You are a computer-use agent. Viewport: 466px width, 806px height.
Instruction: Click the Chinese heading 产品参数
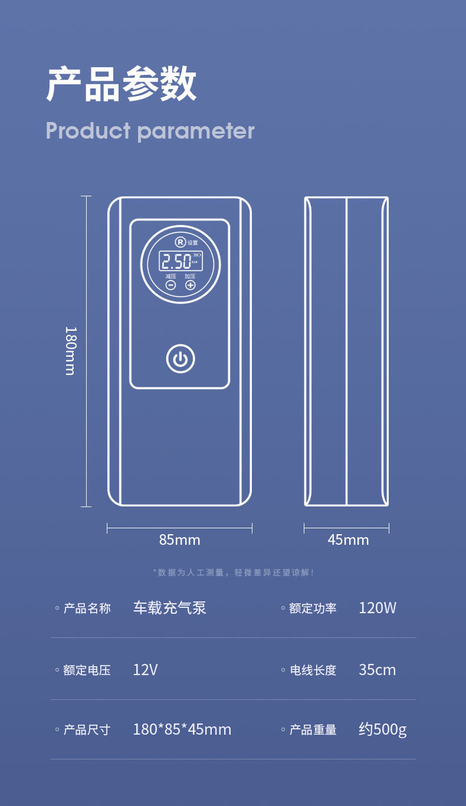(x=122, y=85)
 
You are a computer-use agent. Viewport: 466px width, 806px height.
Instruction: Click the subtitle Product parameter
(x=150, y=130)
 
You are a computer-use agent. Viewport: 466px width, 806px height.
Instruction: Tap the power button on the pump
(x=181, y=358)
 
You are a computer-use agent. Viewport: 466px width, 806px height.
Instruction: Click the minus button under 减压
(x=170, y=285)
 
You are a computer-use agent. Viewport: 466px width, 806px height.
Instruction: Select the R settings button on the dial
(x=181, y=242)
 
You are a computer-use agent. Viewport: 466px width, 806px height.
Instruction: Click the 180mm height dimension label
(x=70, y=351)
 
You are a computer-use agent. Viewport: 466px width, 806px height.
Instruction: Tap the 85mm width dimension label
(x=179, y=539)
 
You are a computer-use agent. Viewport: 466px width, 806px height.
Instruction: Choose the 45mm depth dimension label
(x=348, y=539)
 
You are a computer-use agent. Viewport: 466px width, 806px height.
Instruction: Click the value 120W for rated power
(x=378, y=608)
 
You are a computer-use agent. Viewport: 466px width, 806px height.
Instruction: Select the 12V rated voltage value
(x=145, y=670)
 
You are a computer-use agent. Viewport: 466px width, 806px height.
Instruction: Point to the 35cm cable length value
(x=377, y=670)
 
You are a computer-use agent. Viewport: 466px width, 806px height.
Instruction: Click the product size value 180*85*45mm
(x=182, y=729)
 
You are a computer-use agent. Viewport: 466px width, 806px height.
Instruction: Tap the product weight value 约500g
(x=382, y=729)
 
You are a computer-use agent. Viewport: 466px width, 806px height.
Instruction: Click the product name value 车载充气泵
(x=169, y=608)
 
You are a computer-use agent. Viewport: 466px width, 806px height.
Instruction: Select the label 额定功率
(x=313, y=608)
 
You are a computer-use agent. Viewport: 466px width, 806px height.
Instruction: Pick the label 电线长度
(x=313, y=670)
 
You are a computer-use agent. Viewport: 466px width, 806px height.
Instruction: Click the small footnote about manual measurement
(x=234, y=573)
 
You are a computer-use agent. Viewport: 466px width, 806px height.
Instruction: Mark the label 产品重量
(x=313, y=730)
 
